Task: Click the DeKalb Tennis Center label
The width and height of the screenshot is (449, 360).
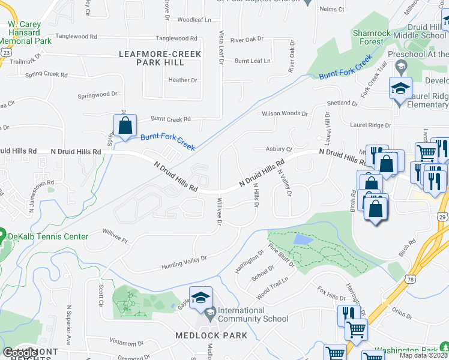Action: point(47,236)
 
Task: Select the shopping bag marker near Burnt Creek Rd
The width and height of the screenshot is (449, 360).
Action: point(125,126)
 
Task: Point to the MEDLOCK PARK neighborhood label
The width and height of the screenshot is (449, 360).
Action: point(211,335)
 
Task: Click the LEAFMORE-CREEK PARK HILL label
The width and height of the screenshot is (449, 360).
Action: point(160,58)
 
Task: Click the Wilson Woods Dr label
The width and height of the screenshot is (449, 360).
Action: point(285,113)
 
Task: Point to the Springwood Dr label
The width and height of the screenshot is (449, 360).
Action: point(98,95)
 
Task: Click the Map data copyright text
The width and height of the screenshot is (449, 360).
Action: point(424,355)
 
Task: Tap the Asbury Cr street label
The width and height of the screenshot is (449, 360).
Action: point(278,149)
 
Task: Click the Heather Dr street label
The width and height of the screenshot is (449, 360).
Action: point(183,80)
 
